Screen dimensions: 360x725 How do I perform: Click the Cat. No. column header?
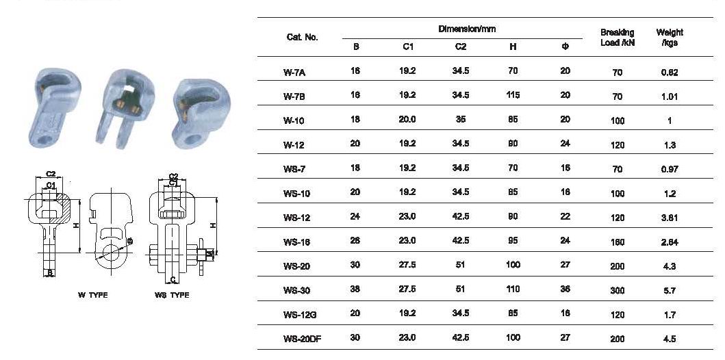302,38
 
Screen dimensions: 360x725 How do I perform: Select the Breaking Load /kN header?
617,38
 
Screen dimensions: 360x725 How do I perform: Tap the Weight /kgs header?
669,38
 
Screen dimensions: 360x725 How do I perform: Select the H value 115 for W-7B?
513,96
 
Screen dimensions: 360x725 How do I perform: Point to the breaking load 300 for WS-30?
618,291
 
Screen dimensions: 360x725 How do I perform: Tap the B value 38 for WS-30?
355,290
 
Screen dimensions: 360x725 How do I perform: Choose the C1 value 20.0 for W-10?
408,120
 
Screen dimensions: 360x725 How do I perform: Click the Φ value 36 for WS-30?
565,290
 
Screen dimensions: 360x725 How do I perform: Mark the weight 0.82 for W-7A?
670,73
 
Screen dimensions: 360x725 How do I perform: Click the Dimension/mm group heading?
467,29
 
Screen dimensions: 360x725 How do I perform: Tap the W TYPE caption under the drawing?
92,295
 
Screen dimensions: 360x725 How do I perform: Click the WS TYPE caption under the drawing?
172,295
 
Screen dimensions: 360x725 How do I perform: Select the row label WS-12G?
298,315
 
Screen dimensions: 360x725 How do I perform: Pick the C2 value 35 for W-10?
461,120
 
